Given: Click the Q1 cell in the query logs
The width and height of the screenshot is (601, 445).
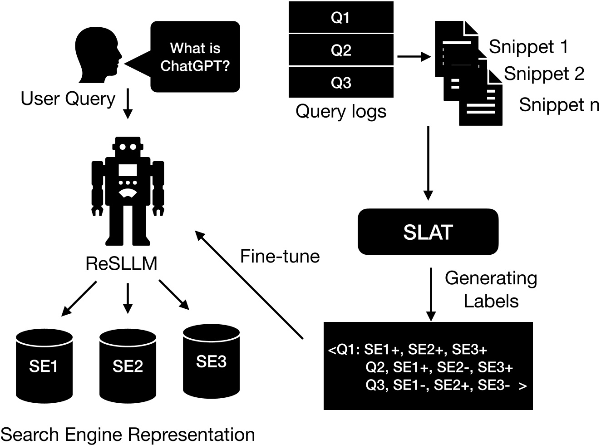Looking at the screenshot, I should (341, 17).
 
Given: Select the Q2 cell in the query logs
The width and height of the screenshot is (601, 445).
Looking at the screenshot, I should (341, 49).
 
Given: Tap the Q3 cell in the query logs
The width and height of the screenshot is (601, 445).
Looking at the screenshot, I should (341, 83).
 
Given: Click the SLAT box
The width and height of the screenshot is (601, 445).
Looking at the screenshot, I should (428, 232).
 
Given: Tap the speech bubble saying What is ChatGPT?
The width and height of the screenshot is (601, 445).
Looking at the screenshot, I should (195, 57).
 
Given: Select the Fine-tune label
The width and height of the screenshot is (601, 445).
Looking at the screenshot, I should (280, 257).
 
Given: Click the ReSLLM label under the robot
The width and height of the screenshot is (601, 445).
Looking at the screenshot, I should (121, 263).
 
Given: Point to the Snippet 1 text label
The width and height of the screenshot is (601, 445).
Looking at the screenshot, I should (528, 47).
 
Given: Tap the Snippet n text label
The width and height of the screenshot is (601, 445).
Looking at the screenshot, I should (558, 104).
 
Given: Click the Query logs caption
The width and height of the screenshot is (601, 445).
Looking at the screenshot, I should (341, 111).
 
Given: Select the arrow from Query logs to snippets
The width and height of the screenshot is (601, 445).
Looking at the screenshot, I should (414, 57).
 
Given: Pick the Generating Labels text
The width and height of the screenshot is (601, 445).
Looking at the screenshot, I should (491, 289).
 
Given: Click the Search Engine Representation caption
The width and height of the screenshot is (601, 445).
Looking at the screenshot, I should (128, 435).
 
